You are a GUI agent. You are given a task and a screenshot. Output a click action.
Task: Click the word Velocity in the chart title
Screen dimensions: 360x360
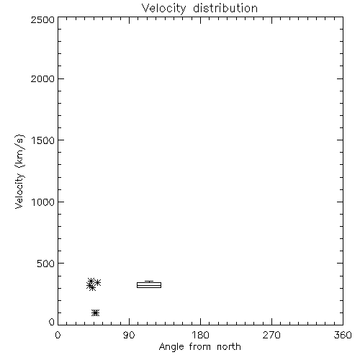point(163,9)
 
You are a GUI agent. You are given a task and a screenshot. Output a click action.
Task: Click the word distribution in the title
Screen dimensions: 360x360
point(225,8)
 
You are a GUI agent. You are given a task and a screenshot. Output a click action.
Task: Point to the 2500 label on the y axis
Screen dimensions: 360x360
point(42,19)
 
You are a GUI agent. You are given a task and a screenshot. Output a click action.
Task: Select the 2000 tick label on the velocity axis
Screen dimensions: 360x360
point(42,78)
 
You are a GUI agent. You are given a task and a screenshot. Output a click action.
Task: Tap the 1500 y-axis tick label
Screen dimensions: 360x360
point(43,140)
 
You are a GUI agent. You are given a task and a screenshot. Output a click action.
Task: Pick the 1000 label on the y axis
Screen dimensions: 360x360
point(43,202)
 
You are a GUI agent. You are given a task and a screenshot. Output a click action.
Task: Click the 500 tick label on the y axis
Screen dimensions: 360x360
point(46,264)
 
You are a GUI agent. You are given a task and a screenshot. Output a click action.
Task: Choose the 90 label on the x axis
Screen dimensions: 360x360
point(129,335)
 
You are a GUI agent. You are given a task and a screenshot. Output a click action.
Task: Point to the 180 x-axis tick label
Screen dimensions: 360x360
point(200,335)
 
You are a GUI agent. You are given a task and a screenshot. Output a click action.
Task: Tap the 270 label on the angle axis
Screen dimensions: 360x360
point(271,335)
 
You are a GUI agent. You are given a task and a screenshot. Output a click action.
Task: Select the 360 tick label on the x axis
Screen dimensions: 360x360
point(343,335)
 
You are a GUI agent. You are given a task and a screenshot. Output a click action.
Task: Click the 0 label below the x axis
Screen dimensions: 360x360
point(58,335)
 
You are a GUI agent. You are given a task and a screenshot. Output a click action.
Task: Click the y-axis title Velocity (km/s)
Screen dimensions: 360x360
point(19,171)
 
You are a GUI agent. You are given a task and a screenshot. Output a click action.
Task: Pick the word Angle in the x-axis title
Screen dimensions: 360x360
point(171,347)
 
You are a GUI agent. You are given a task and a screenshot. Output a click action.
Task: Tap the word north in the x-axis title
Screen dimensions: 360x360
point(229,347)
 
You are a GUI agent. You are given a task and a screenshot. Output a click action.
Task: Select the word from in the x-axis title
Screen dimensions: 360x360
point(201,347)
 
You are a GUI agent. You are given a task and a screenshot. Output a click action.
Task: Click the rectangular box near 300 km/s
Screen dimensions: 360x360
point(149,282)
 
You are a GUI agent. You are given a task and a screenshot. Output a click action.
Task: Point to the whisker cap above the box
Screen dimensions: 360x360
point(149,281)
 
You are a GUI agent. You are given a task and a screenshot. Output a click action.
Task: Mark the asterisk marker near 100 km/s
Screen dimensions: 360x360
point(96,312)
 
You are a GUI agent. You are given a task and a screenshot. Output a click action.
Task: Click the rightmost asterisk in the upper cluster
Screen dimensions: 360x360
point(98,282)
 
